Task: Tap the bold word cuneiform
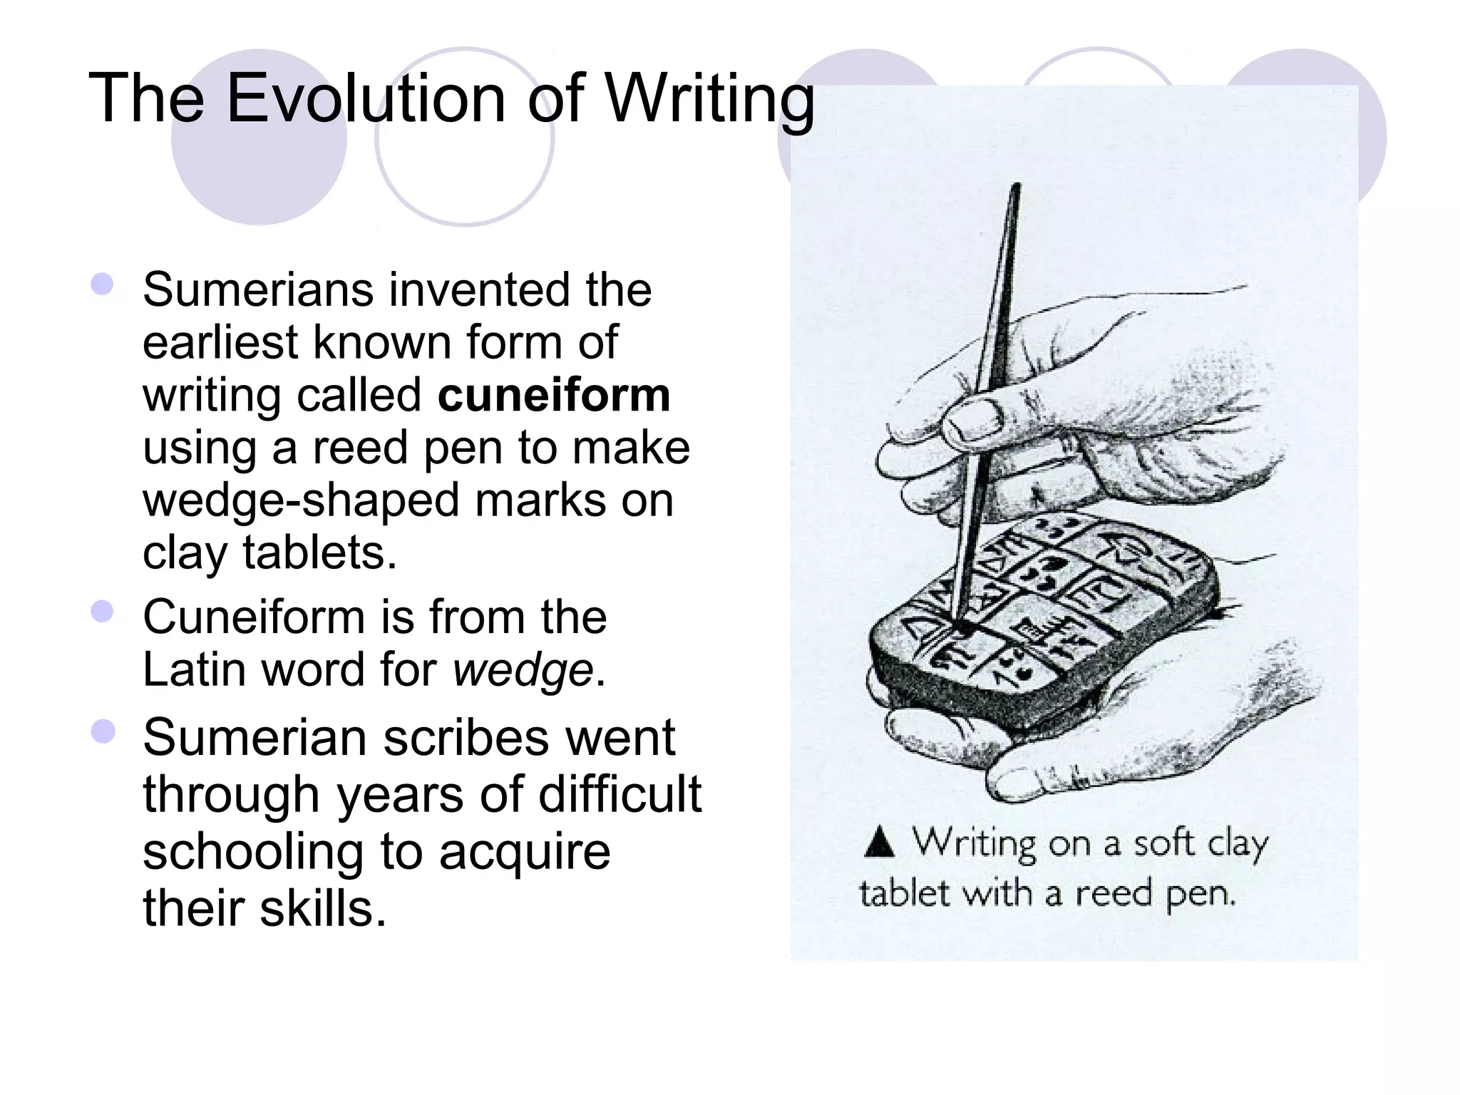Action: (554, 395)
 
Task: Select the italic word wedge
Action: (523, 670)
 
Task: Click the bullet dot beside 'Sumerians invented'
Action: (103, 284)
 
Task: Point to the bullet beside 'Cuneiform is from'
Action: (103, 612)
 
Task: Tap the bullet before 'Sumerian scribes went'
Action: (103, 731)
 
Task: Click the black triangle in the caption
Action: (879, 841)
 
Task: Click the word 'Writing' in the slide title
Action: (709, 100)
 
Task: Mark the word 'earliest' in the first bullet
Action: (219, 343)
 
